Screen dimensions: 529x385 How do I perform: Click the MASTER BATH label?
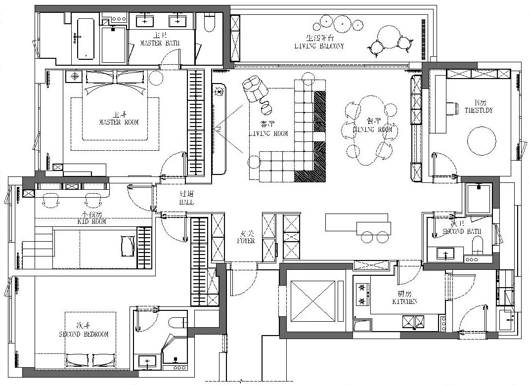point(159,43)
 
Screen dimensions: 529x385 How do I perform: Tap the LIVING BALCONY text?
point(318,46)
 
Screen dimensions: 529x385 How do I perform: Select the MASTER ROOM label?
point(119,122)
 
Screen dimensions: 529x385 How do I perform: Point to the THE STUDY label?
point(478,110)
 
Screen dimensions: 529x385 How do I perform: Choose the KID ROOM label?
point(92,222)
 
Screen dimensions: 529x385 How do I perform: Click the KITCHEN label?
point(405,301)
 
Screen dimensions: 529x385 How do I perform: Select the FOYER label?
point(246,241)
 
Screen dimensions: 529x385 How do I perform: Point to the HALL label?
point(186,202)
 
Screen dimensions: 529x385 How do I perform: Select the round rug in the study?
point(482,140)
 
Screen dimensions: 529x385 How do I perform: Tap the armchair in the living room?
point(255,88)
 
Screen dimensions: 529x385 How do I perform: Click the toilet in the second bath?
point(478,245)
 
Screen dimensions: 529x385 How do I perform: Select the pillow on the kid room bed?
point(128,246)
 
